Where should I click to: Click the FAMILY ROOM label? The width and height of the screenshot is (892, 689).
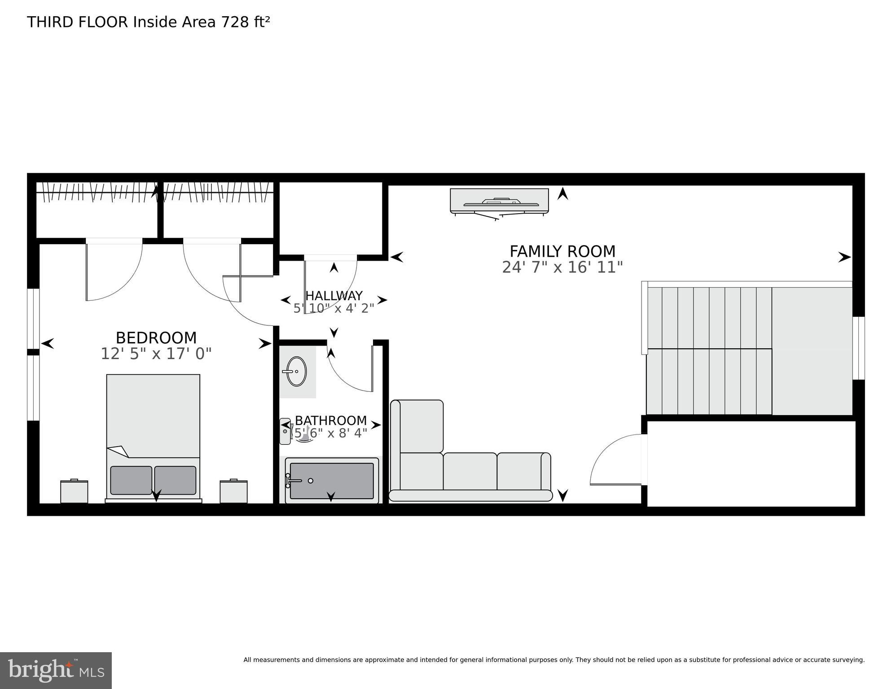562,251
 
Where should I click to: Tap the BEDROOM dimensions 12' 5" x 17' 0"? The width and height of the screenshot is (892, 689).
156,354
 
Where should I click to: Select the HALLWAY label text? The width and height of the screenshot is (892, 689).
334,296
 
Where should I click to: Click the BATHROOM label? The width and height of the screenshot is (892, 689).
331,421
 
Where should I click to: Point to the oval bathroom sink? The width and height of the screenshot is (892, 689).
296,371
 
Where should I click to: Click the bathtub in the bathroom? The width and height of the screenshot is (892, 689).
331,481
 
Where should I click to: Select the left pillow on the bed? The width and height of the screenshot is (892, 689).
131,480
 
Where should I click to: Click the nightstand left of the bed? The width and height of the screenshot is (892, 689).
74,492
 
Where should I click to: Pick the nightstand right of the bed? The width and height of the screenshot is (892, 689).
233,492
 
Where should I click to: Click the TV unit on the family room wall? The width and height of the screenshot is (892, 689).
499,200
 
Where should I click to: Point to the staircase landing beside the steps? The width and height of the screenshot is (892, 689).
812,351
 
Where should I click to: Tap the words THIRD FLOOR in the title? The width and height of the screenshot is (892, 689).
78,22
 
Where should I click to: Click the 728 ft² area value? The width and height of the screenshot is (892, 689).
245,22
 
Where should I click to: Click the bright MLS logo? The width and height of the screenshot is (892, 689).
56,670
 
